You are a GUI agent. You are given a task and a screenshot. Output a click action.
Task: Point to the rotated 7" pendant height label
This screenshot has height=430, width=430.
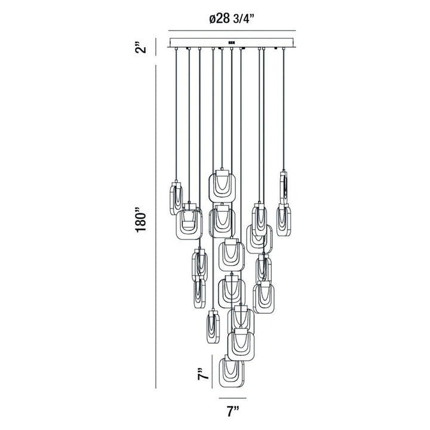(204, 374)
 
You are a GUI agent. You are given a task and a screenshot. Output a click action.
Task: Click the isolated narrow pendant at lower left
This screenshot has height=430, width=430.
(212, 326)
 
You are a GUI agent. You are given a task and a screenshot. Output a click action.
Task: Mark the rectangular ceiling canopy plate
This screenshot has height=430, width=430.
(233, 44)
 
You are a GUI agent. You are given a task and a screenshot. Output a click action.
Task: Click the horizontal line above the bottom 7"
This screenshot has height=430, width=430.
(233, 397)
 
